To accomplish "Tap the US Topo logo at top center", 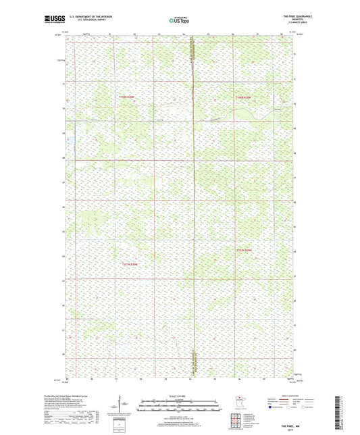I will (x=180, y=20).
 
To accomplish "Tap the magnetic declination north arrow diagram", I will (x=123, y=405).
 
